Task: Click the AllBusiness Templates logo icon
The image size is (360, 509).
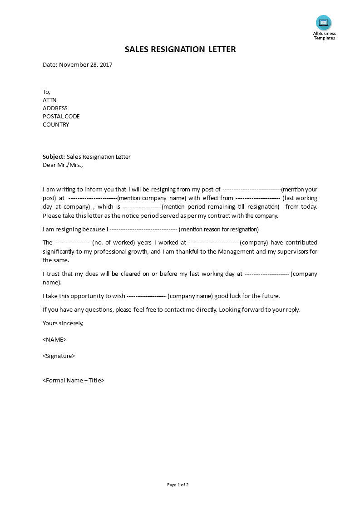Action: [324, 23]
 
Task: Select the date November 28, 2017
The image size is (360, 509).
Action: [85, 64]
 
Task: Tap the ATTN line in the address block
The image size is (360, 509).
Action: [49, 100]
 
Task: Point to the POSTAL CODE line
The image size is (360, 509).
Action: [61, 117]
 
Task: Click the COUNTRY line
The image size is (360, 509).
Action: [56, 125]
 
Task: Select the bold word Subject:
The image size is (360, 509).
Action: [54, 157]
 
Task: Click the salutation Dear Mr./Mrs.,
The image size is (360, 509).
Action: [63, 165]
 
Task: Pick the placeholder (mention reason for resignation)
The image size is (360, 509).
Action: [219, 230]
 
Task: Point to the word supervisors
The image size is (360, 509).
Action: [293, 251]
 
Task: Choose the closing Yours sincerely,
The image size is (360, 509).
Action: [63, 323]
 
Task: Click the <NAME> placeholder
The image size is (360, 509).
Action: [54, 339]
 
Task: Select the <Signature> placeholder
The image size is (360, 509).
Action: [59, 356]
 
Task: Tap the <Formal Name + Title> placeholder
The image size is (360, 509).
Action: [74, 381]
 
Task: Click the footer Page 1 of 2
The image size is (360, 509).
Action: [178, 485]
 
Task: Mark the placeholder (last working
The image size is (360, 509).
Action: [300, 198]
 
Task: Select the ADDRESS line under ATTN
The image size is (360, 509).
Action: [55, 108]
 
